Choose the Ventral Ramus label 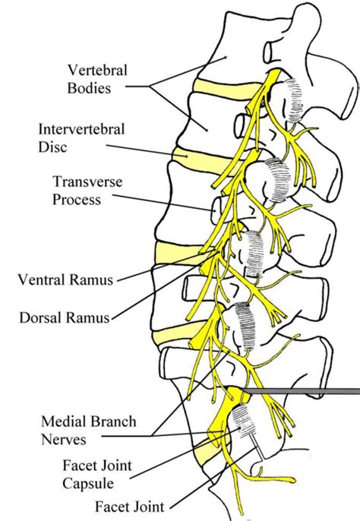tap(65, 279)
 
